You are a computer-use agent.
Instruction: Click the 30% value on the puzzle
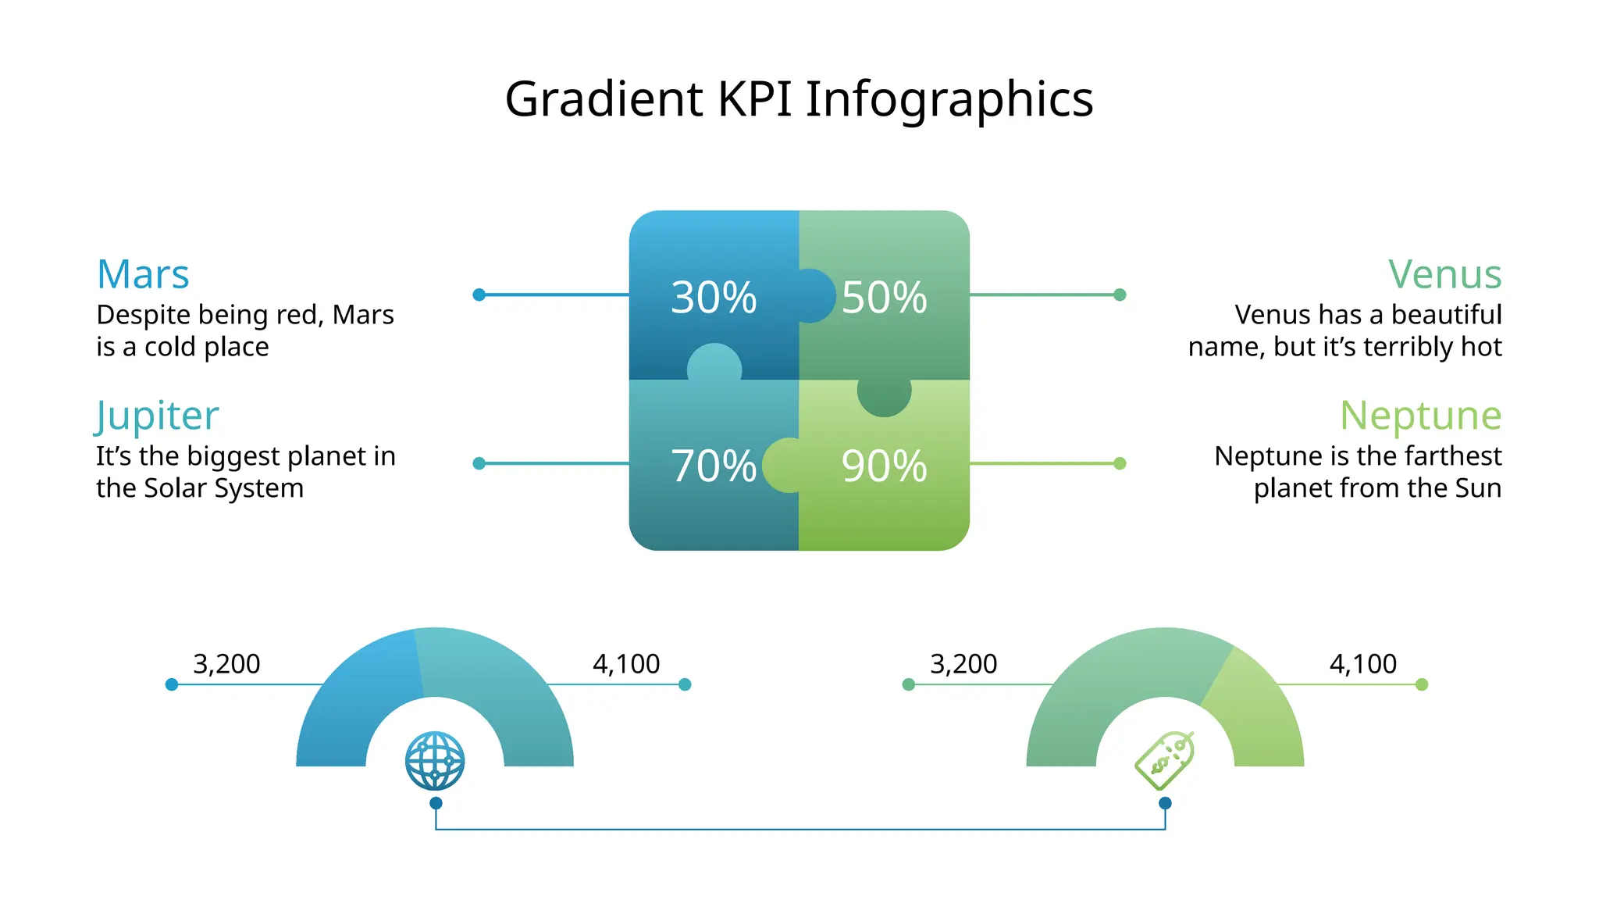coord(714,298)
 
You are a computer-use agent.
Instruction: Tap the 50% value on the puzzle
coord(884,298)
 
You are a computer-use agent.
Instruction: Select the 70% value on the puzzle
coord(714,466)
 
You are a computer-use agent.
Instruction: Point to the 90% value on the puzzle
coord(884,466)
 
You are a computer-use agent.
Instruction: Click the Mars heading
coord(143,275)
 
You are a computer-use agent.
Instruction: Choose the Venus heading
coord(1444,275)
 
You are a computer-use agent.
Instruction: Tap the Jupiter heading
coord(157,416)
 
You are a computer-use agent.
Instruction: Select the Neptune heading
coord(1420,416)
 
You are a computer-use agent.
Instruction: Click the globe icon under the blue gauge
coord(435,761)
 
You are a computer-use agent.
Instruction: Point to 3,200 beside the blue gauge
coord(226,664)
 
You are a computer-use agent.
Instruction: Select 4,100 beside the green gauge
coord(1363,664)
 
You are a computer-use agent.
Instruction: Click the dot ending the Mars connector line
coord(479,295)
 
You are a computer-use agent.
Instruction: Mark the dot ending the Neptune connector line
coord(1120,463)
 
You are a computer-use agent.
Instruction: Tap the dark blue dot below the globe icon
coord(436,803)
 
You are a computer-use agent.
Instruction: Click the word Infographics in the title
coord(949,101)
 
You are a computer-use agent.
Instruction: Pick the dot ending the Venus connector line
coord(1120,295)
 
